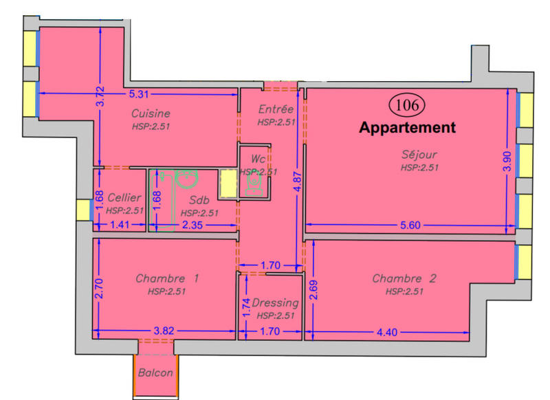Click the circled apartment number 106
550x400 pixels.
[408, 104]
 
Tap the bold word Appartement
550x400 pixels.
[408, 127]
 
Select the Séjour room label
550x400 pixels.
[419, 155]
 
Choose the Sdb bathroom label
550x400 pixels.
[199, 200]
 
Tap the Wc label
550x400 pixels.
[258, 159]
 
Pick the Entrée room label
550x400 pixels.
[276, 109]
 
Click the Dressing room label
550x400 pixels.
[275, 302]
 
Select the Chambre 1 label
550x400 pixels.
[167, 278]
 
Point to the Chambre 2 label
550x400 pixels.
[404, 278]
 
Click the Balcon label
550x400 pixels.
[155, 373]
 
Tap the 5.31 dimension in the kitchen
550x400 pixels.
[140, 94]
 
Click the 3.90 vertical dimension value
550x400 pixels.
[507, 161]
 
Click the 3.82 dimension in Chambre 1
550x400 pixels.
[164, 331]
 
